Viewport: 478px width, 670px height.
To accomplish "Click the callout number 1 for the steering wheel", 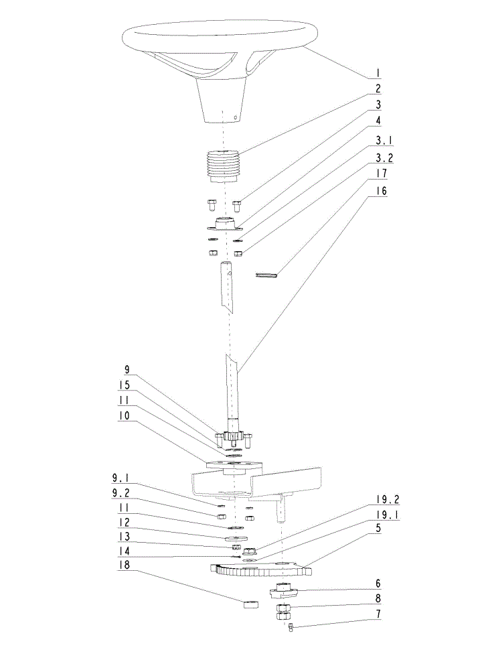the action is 378,73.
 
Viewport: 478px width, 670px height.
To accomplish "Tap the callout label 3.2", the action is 384,157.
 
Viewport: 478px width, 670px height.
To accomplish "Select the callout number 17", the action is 381,174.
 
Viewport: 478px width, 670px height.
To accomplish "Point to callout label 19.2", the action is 388,500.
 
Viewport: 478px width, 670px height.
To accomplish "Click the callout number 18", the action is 125,565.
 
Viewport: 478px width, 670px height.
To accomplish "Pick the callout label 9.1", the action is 121,478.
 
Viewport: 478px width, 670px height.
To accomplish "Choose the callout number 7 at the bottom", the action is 378,614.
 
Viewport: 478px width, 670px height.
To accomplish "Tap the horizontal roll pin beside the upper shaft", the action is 266,275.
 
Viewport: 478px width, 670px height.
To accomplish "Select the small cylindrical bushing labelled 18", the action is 251,604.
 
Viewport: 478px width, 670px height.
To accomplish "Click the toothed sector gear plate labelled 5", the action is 260,569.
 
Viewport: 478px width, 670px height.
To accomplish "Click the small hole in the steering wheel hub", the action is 234,115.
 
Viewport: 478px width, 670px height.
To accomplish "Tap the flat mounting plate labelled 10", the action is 234,466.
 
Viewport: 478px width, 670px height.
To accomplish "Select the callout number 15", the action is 125,385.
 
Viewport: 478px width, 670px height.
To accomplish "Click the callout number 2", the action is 378,88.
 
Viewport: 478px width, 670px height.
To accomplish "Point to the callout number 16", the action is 381,191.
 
